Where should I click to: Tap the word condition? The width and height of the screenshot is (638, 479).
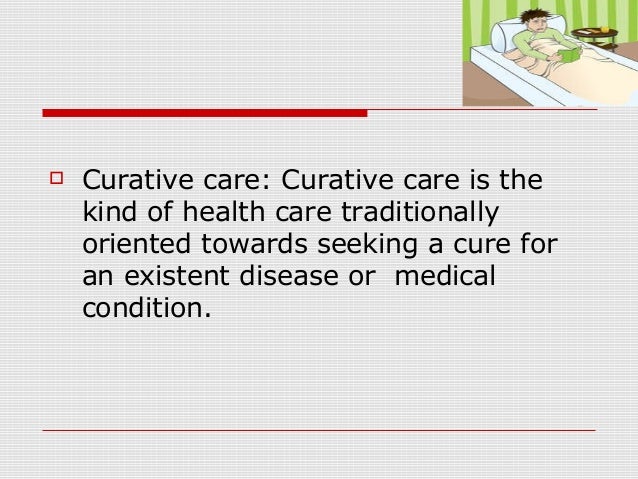pyautogui.click(x=146, y=306)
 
